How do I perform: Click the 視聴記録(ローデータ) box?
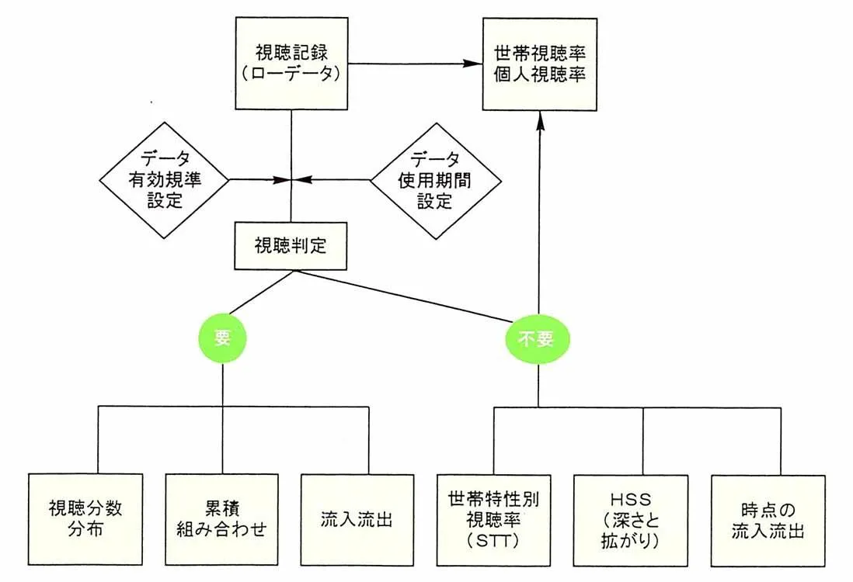pyautogui.click(x=291, y=64)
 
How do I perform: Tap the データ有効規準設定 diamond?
pyautogui.click(x=164, y=180)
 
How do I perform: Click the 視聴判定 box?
pyautogui.click(x=291, y=248)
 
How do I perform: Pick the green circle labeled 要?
pyautogui.click(x=224, y=338)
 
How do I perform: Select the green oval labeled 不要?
pyautogui.click(x=538, y=338)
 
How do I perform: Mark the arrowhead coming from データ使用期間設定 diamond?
pyautogui.click(x=301, y=180)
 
